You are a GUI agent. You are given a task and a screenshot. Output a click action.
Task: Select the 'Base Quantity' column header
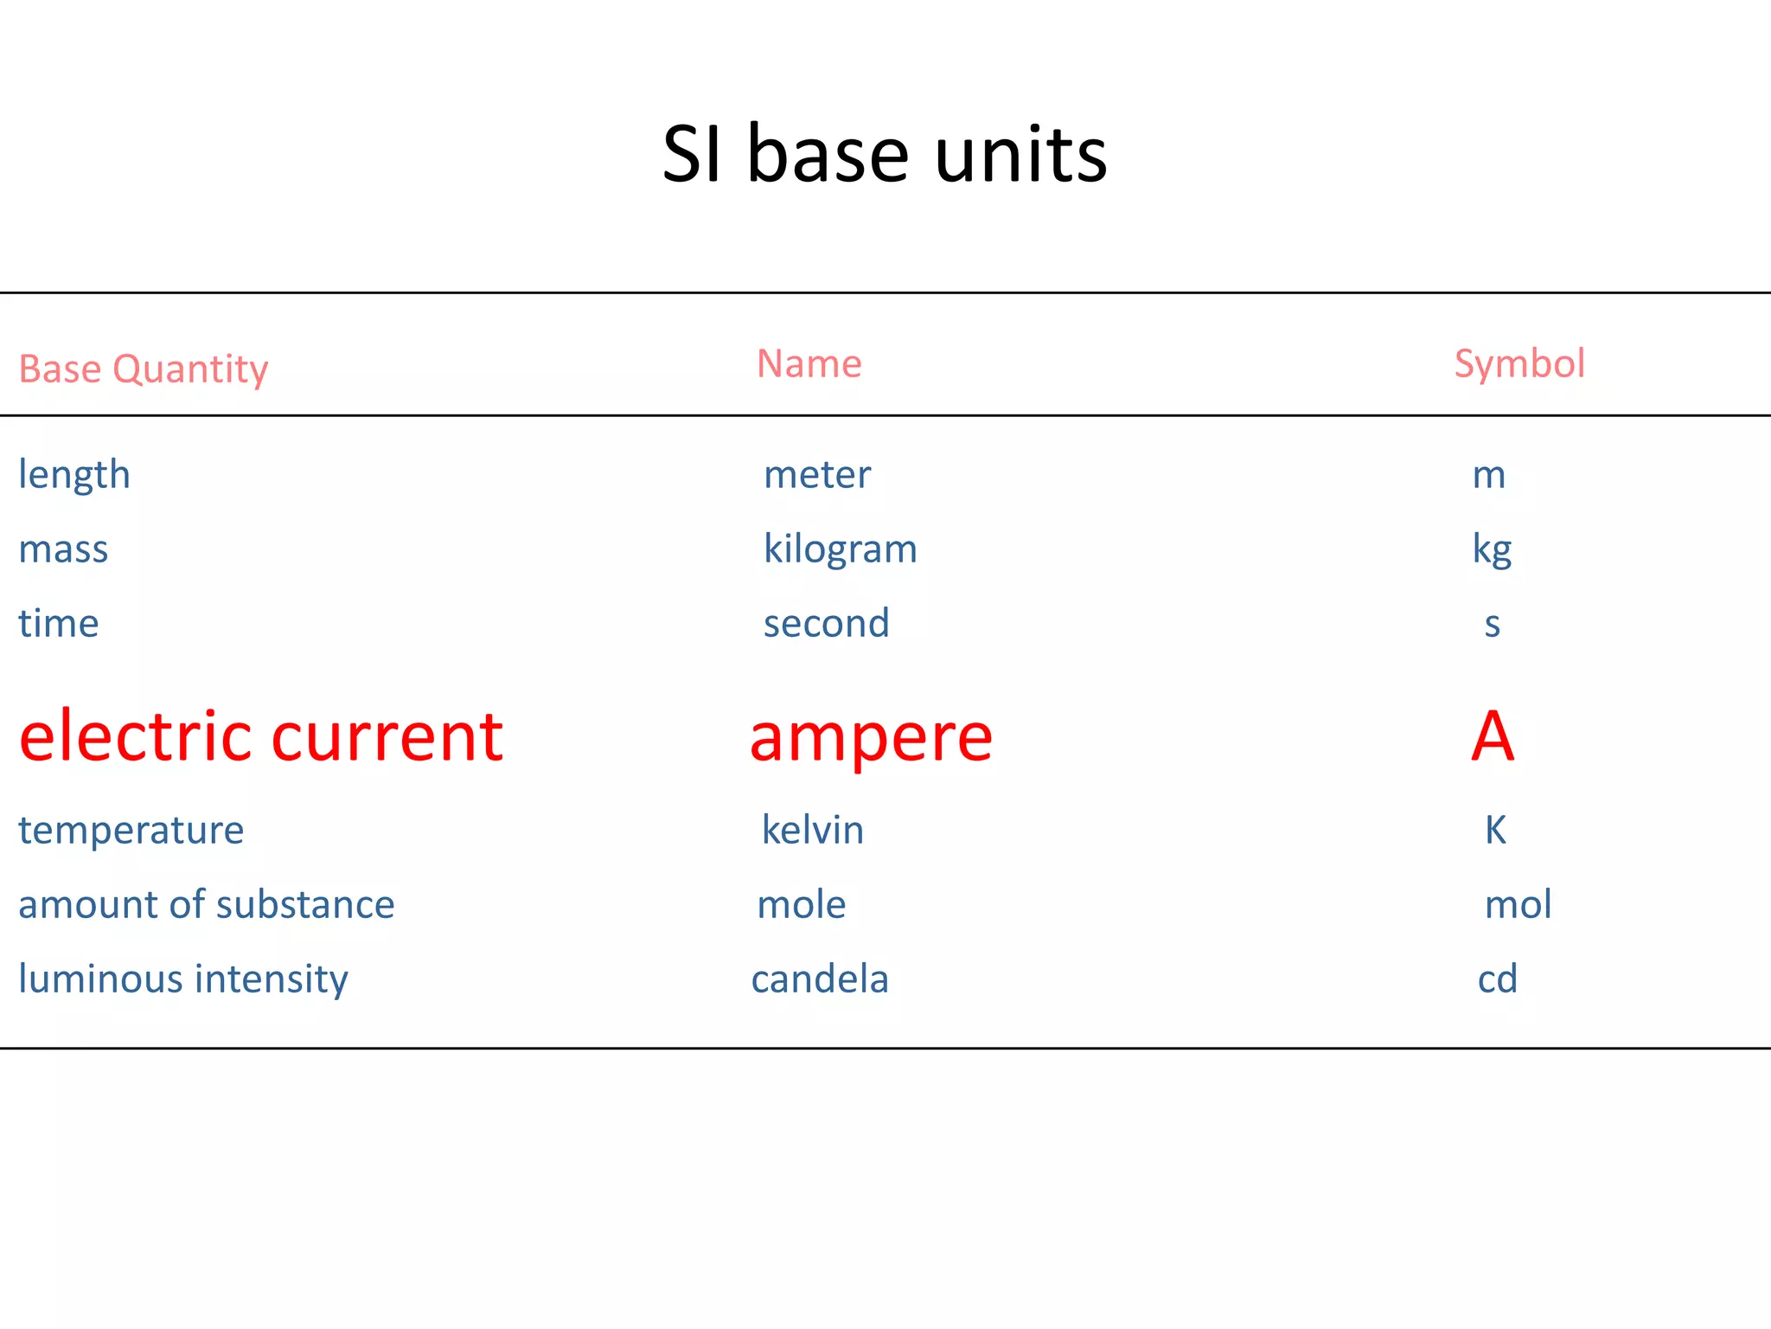(144, 369)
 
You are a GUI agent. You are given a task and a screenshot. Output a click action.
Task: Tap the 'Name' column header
(809, 363)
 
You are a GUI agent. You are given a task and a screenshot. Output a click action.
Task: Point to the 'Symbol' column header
(1518, 363)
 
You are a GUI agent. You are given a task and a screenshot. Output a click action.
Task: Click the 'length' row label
(74, 475)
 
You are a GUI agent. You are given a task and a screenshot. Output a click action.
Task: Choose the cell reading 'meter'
(817, 474)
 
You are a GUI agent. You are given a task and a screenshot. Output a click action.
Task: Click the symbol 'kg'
(1492, 549)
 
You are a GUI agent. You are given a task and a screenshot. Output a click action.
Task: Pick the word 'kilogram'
(840, 549)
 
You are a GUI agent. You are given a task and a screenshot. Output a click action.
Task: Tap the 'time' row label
(59, 623)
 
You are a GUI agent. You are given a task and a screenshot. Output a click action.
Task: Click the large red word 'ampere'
(871, 738)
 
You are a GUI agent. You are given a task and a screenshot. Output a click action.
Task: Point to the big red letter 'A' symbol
(1493, 736)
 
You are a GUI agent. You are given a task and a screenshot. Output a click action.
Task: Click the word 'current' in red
(387, 736)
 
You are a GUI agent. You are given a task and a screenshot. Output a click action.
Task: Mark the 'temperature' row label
(131, 831)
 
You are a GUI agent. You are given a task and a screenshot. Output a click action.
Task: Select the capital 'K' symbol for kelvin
(1495, 830)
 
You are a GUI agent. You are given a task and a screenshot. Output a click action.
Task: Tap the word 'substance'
(305, 904)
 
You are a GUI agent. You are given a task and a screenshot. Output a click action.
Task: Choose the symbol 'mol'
(1518, 904)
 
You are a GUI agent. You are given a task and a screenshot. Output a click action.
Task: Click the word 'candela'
(820, 979)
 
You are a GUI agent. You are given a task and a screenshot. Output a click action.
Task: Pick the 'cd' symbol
(1497, 979)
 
